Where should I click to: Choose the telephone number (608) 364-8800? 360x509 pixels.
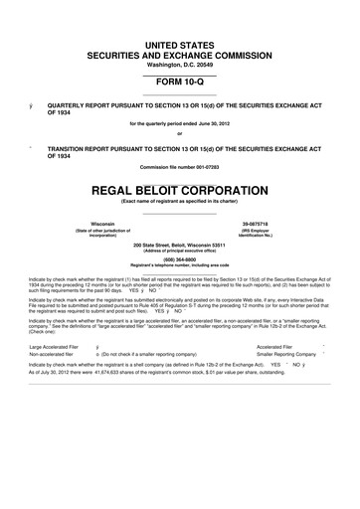[180, 258]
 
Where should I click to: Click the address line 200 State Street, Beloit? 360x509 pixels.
[180, 243]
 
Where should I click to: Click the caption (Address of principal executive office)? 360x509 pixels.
[180, 249]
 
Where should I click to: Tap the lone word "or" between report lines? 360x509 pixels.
[180, 135]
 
